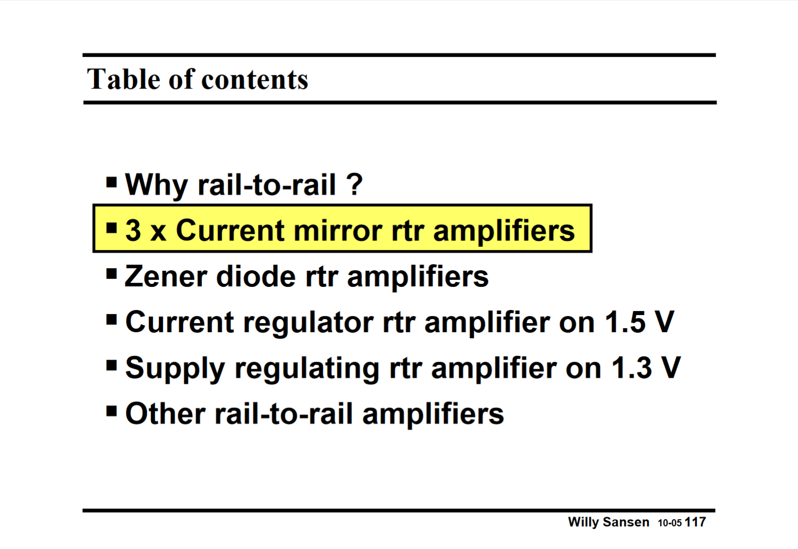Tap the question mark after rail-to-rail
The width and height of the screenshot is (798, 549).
354,184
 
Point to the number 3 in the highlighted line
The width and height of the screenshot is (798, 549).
133,230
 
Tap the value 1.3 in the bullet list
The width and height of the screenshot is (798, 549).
632,368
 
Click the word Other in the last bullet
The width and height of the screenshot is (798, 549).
165,414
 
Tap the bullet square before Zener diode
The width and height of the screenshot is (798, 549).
112,274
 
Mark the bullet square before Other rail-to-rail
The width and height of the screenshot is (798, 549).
112,412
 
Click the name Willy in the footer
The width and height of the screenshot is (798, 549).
583,522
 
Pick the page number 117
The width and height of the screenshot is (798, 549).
695,522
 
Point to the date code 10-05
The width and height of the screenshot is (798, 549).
670,523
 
